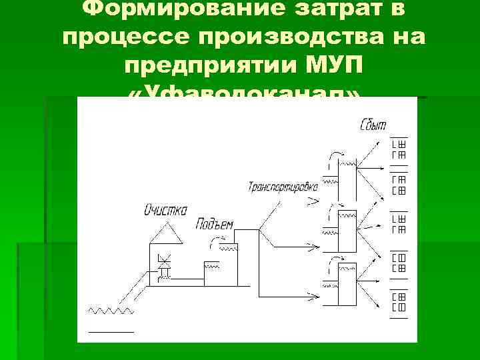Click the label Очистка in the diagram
(166, 209)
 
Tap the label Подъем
(214, 224)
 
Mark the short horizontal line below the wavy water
(111, 331)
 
